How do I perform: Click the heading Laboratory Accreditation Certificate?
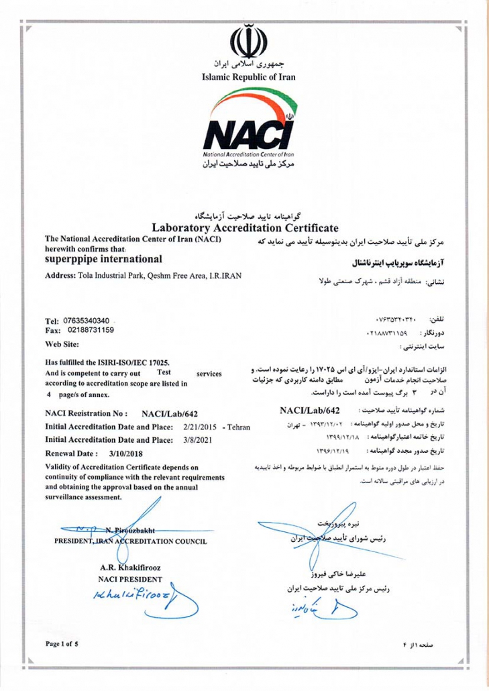coord(244,228)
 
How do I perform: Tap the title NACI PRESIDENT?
coord(130,578)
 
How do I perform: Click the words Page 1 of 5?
coord(62,644)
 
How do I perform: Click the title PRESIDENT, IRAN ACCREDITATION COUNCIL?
coord(131,541)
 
